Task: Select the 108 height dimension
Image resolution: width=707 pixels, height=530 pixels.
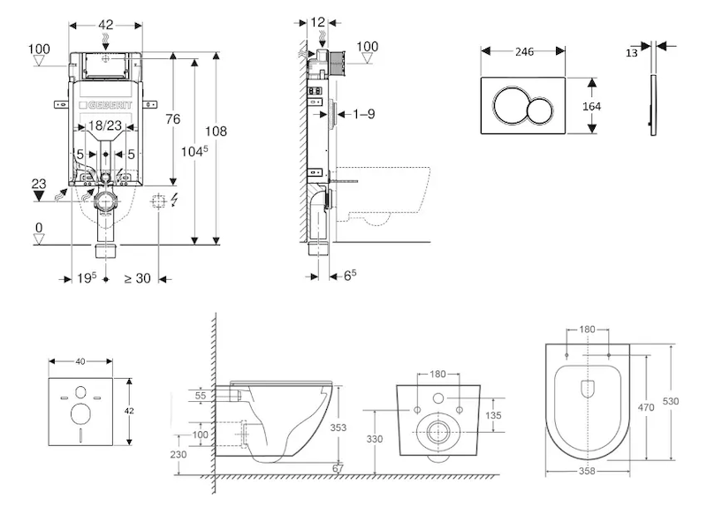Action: coord(217,131)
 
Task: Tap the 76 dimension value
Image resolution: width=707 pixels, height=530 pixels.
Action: coord(173,119)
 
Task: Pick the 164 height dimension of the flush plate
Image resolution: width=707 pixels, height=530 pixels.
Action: coord(591,105)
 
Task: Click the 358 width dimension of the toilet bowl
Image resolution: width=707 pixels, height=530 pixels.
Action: coord(586,471)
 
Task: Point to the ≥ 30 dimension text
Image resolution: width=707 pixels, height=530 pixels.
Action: coord(136,278)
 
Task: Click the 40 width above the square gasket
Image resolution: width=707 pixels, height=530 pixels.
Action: coord(80,361)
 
